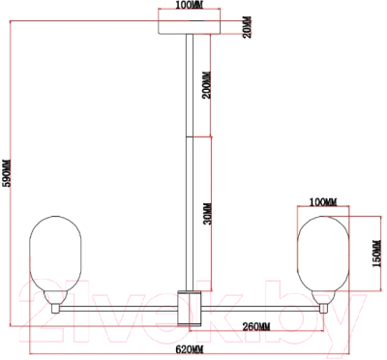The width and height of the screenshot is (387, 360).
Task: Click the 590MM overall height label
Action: [7, 172]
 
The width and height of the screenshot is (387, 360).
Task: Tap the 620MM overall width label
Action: [190, 349]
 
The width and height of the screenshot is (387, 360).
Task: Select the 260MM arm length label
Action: [256, 327]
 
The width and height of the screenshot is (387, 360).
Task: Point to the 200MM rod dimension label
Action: [207, 84]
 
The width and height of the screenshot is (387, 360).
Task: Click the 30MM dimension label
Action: [208, 214]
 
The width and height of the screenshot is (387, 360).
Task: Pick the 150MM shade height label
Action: [377, 254]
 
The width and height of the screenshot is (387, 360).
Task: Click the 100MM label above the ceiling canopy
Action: [189, 6]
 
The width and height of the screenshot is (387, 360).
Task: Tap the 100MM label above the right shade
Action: [323, 202]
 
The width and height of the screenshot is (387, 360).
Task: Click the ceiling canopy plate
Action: [190, 28]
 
